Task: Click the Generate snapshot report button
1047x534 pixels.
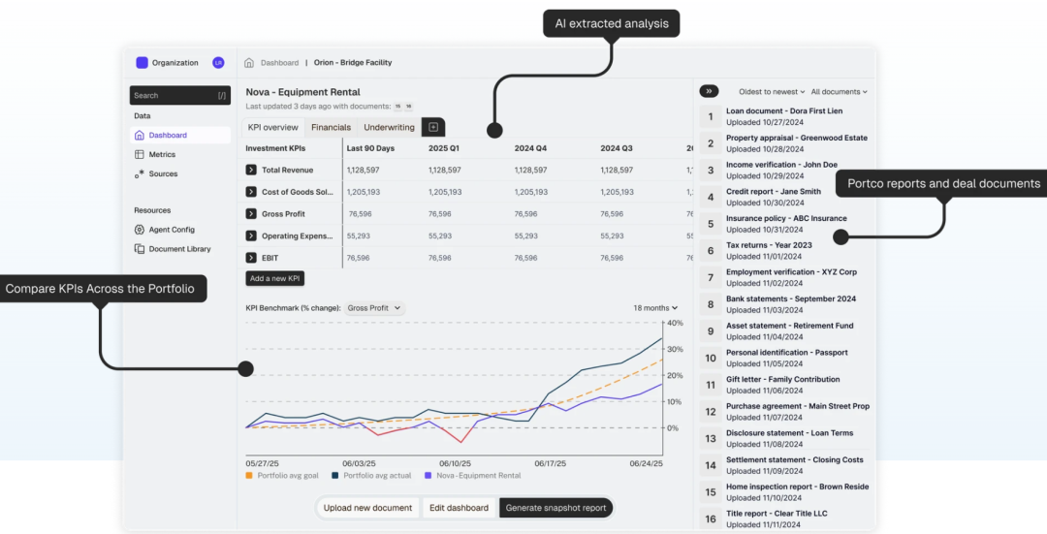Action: [555, 508]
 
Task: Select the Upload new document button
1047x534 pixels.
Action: [368, 508]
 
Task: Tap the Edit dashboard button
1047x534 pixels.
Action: [459, 508]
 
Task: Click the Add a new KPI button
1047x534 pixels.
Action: [275, 279]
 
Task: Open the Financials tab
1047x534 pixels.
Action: [331, 128]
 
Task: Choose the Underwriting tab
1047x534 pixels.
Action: [389, 128]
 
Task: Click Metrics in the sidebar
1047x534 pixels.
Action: [162, 155]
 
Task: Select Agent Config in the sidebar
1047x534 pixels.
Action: [172, 230]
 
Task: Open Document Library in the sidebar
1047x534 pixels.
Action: [179, 249]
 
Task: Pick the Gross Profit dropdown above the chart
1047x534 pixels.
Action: [374, 308]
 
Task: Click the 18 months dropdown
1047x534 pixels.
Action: [655, 308]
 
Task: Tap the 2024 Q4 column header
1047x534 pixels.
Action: [530, 148]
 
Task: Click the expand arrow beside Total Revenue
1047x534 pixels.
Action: [251, 171]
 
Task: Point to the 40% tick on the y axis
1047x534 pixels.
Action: [675, 323]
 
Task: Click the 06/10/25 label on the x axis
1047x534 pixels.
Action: [455, 463]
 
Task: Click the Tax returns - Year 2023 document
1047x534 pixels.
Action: [769, 245]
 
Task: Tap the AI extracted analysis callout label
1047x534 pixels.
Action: [611, 24]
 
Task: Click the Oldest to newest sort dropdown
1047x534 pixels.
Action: [772, 92]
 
